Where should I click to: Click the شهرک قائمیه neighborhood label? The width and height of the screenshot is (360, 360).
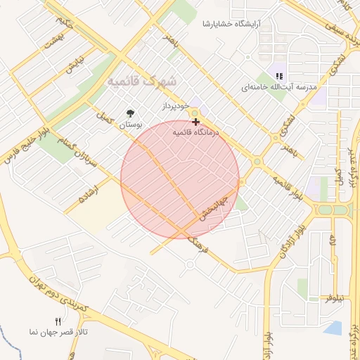pos(141,82)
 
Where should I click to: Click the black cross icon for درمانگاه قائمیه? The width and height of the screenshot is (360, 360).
pos(195,122)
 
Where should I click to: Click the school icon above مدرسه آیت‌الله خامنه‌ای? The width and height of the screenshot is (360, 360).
pos(279,76)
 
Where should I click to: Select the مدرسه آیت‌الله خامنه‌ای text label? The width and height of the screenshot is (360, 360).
pos(281,87)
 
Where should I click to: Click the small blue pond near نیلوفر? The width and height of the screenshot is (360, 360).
pos(334,328)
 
